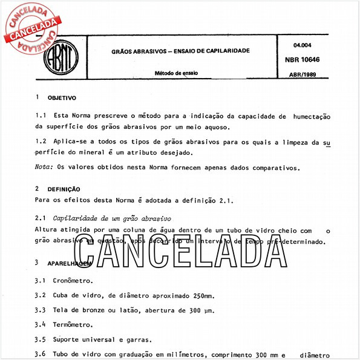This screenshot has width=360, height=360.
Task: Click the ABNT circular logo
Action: [61, 59]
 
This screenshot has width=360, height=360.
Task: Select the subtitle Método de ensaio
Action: [175, 73]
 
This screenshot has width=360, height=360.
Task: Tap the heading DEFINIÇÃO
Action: [64, 189]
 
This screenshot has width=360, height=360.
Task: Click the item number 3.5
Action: [41, 339]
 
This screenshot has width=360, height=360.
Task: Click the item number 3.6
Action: [41, 354]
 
